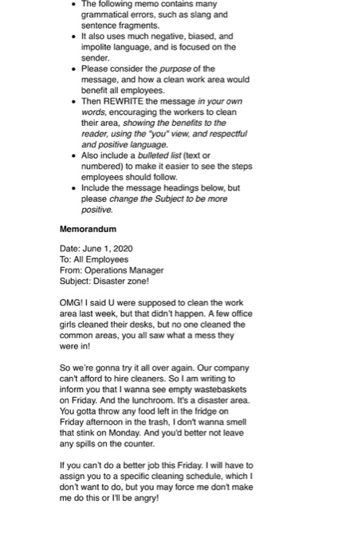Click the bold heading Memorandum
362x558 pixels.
tap(88, 229)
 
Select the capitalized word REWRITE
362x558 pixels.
tap(123, 101)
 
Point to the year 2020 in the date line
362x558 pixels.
tap(122, 249)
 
